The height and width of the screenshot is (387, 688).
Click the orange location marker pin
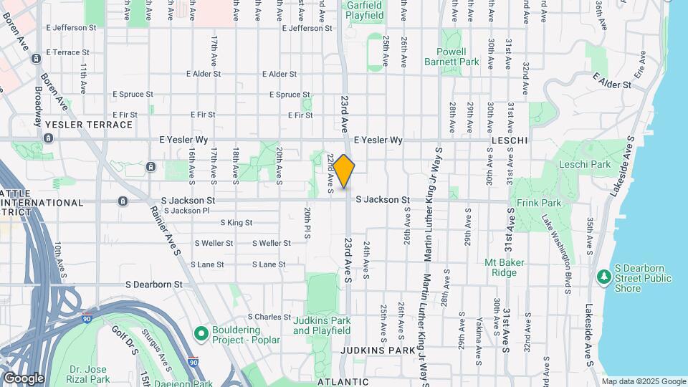(344, 171)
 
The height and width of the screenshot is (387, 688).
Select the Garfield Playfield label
(364, 9)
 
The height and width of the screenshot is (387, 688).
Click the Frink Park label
(539, 203)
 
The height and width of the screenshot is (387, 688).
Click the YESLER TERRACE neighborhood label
(89, 125)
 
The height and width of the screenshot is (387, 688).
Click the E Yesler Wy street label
(378, 140)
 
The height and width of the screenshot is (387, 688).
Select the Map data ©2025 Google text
(643, 381)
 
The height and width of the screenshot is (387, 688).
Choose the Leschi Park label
(586, 164)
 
